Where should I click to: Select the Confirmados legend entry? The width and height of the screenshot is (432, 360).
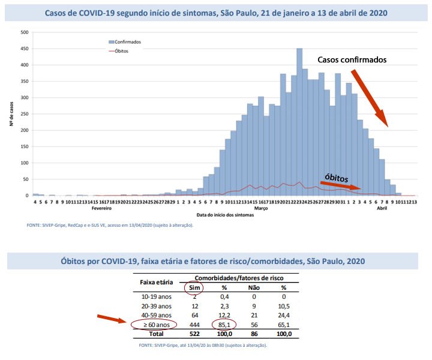[x=126, y=42]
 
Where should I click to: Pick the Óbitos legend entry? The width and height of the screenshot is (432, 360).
[x=119, y=50]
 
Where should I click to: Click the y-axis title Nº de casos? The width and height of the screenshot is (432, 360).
[x=11, y=113]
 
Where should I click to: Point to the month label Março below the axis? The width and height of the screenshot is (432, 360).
[x=260, y=208]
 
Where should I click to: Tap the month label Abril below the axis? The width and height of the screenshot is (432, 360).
[x=382, y=208]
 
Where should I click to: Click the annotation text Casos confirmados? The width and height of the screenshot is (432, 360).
[x=352, y=60]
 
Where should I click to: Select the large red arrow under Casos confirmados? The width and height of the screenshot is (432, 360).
[x=369, y=98]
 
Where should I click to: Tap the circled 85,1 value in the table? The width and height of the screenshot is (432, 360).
[x=223, y=325]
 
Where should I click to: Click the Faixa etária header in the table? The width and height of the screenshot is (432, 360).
[x=156, y=281]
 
